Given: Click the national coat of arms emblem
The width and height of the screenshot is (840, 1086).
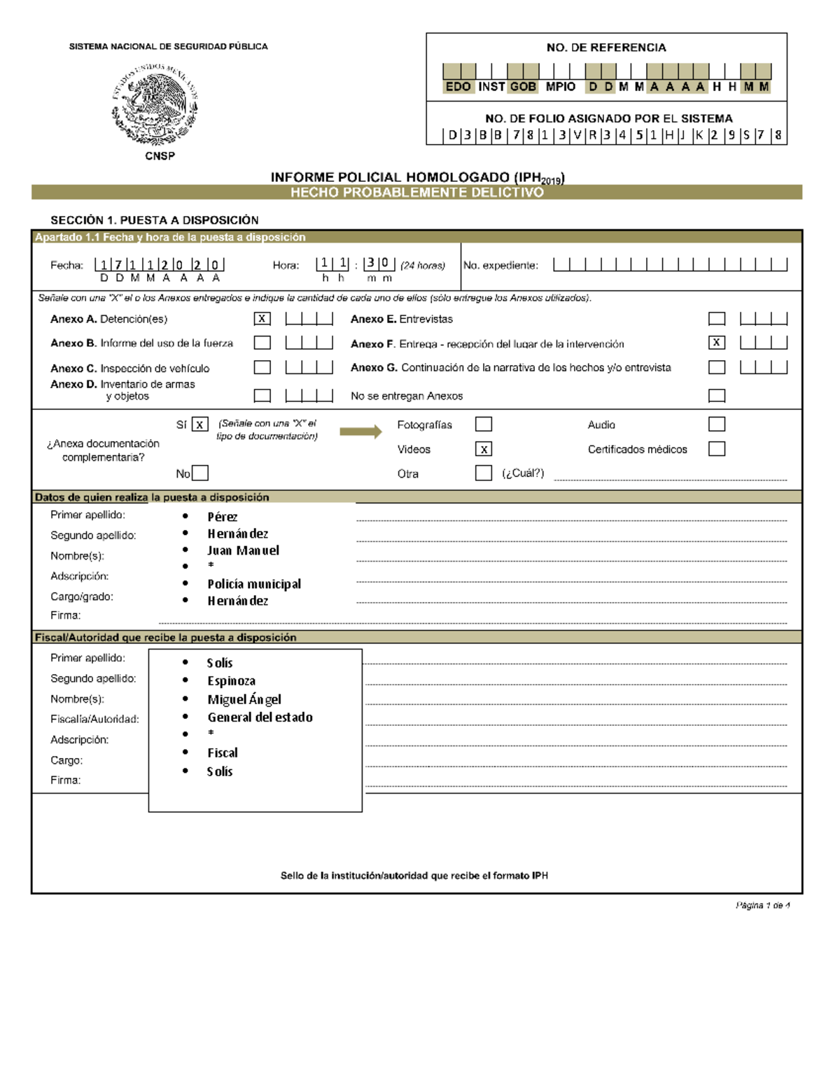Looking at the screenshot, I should (155, 104).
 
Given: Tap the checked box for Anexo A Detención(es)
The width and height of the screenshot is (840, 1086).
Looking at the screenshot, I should (262, 319).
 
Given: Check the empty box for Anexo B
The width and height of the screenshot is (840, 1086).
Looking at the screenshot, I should (262, 343).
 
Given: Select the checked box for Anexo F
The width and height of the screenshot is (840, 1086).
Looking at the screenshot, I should (716, 343).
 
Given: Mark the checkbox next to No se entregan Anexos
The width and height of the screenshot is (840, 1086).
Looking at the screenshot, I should (716, 396).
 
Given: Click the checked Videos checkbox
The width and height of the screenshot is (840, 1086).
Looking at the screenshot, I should (484, 449).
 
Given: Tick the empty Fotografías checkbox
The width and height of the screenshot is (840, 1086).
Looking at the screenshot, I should (484, 424).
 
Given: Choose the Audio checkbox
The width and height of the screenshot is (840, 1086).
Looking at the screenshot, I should (716, 424).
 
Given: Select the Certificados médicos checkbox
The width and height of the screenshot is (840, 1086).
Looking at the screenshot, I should (716, 449).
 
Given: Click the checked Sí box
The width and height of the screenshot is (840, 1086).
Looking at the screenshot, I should (200, 424).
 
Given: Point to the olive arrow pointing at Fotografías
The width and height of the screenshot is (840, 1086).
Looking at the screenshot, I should (360, 431).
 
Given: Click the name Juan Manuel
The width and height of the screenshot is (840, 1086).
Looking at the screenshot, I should (243, 550).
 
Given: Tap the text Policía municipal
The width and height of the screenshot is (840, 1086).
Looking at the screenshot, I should (254, 584).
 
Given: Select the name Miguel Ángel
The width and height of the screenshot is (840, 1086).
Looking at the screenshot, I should (244, 699).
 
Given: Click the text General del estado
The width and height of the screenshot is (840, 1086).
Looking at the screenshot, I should (260, 717).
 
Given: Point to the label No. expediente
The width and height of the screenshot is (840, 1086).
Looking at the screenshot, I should (500, 266).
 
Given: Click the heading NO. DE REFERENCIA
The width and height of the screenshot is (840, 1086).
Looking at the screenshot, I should (606, 48).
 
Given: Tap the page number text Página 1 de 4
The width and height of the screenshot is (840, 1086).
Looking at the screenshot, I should (762, 905).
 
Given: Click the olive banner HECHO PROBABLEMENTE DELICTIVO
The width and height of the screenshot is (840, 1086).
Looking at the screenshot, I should (417, 192).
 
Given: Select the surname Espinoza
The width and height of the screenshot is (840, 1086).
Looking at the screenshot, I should (231, 680).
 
